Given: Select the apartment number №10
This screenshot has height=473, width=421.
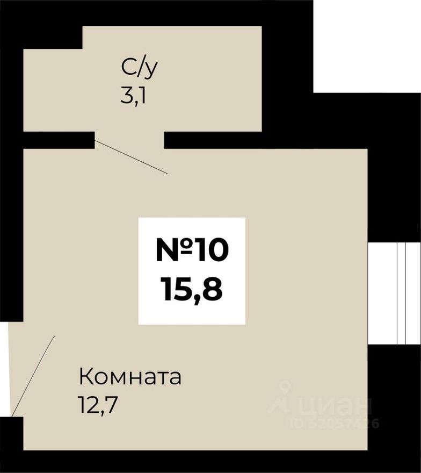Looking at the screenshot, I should (192, 250).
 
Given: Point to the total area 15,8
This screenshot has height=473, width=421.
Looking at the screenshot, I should (191, 290).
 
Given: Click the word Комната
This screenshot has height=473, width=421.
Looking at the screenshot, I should (130, 377).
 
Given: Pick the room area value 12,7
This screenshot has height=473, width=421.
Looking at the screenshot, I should (98, 403).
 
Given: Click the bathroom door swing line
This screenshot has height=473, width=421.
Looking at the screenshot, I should (131, 156).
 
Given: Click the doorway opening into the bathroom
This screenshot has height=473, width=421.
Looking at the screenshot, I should (129, 139).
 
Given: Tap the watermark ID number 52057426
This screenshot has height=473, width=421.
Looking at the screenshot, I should (334, 424).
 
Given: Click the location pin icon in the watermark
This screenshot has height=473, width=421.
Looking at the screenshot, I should (285, 389).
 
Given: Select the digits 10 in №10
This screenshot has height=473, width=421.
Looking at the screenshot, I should (211, 250).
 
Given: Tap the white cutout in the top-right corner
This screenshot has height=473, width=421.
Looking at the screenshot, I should (367, 46).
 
